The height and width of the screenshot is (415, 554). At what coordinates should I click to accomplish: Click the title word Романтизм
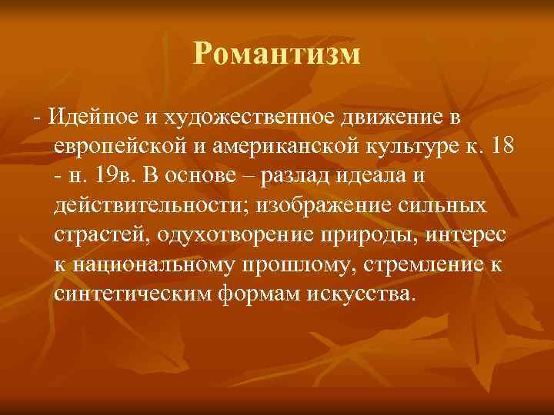(277, 53)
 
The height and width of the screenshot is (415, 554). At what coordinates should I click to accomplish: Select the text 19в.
(118, 176)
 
